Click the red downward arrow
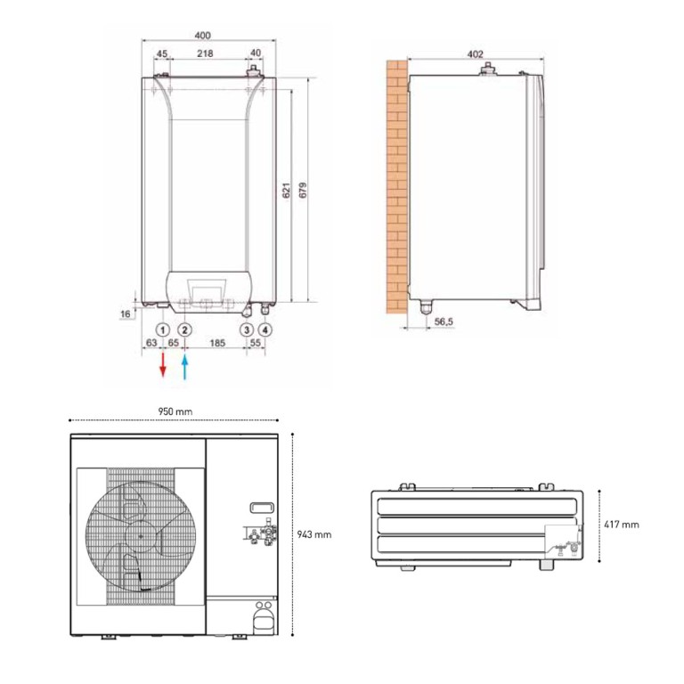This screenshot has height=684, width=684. pos(163,365)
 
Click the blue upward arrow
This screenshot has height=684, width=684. pos(185,365)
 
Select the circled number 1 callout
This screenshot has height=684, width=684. pos(163,329)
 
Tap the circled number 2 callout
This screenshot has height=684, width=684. pos(184,329)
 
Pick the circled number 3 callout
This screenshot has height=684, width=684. pos(247,329)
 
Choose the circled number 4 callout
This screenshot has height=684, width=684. pos(266,329)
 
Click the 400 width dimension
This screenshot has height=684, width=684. pos(202,35)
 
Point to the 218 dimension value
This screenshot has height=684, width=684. pos(205,53)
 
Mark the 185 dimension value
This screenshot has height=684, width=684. pos(216,342)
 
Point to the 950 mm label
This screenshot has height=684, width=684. pos(176,412)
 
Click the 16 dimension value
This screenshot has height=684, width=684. pos(126,313)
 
